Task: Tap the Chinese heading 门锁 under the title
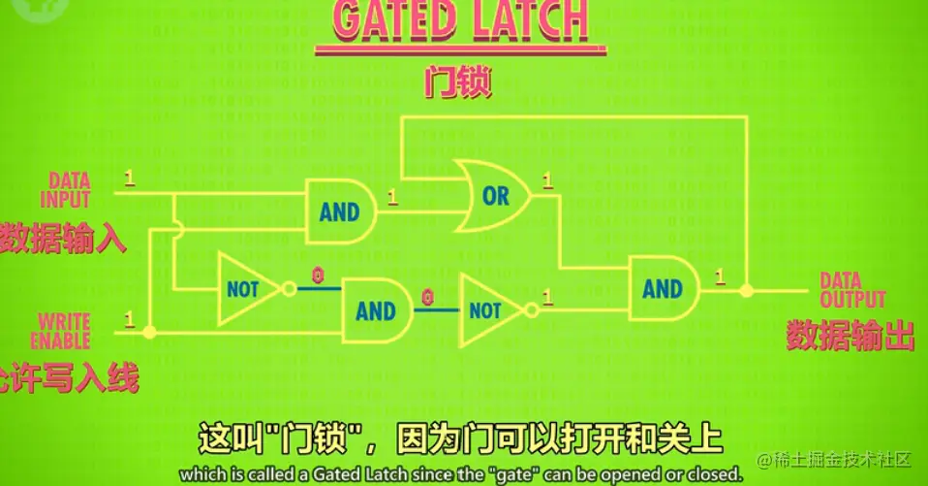tap(458, 81)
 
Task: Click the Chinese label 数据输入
tap(64, 238)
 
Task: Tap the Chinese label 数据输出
tap(850, 335)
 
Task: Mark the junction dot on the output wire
tap(746, 289)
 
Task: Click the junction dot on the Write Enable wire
tap(149, 332)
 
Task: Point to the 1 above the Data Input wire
tap(130, 177)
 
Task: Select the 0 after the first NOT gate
tap(317, 275)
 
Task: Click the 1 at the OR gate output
tap(548, 180)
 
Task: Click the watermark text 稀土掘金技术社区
tap(843, 458)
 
